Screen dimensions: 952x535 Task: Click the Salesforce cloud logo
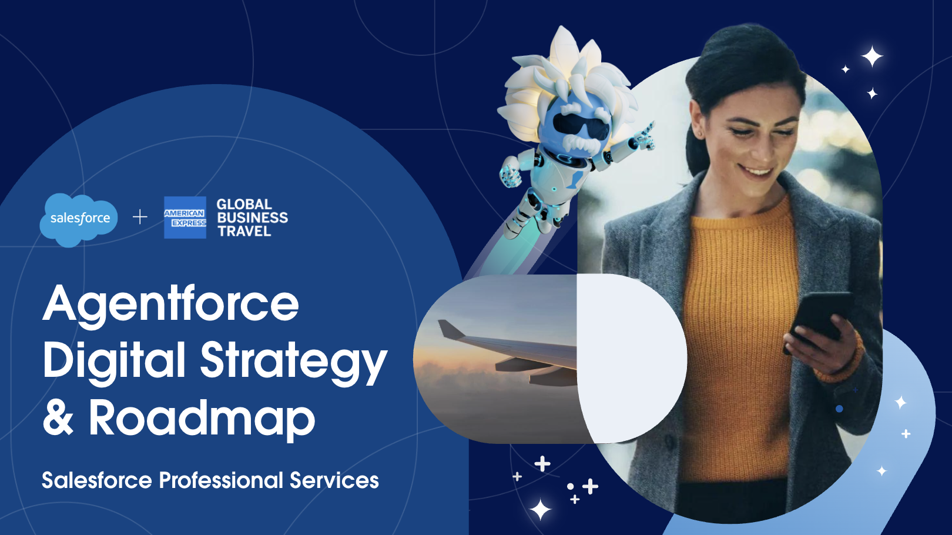79,219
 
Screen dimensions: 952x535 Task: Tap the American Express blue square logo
185,218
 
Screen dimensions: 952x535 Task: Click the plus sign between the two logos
140,218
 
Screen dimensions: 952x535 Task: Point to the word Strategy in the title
294,363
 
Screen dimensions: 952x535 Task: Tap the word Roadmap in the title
202,419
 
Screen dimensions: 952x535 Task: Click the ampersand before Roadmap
58,417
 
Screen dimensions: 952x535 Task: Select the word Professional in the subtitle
221,480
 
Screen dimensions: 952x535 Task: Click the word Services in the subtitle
334,480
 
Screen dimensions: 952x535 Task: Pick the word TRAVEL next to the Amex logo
244,232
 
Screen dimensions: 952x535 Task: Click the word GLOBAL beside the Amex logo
244,204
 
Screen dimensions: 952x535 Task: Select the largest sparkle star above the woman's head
871,56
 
